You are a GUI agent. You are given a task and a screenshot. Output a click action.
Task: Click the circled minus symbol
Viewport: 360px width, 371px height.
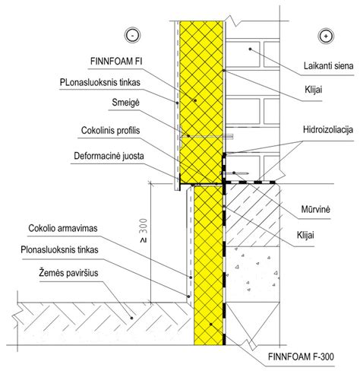(x=132, y=35)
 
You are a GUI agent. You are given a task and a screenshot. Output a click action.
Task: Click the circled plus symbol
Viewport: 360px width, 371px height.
(x=326, y=36)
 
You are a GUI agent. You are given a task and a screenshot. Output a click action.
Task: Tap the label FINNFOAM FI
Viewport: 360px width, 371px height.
(x=116, y=62)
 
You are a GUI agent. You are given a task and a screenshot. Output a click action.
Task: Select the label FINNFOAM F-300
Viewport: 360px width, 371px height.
(x=301, y=357)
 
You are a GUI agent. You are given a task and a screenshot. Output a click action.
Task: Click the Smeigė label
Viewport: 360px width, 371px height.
(x=125, y=103)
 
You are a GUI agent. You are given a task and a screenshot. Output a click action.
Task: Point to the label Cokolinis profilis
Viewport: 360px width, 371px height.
(x=110, y=131)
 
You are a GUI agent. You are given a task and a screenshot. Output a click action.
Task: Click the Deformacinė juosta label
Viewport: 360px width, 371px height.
(x=109, y=156)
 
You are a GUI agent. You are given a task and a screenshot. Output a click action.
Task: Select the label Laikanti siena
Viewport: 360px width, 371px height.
(x=328, y=66)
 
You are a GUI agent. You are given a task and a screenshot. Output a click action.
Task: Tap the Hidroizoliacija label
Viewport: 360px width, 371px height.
(x=328, y=130)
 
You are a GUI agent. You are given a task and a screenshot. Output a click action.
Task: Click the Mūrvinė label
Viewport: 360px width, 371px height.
(x=316, y=209)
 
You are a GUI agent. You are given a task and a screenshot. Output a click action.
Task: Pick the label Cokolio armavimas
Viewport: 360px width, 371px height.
(x=63, y=228)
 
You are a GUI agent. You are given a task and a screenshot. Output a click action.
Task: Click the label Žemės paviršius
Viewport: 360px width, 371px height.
(x=68, y=273)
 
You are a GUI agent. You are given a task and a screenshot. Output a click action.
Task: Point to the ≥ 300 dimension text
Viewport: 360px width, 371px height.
(x=144, y=230)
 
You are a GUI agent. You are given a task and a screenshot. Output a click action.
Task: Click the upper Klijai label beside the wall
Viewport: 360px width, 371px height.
(x=314, y=90)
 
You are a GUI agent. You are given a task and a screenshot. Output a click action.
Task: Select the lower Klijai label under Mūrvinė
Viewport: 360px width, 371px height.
(x=305, y=235)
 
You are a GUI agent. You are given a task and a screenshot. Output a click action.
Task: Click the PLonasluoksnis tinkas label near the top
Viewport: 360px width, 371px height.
(x=99, y=82)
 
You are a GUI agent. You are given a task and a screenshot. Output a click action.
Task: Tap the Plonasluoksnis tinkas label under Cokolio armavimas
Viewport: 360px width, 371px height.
(x=59, y=250)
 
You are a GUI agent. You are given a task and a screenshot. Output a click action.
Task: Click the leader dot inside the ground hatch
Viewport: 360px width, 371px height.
(x=131, y=318)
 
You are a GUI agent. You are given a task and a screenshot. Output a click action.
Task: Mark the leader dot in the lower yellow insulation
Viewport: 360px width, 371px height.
(x=210, y=324)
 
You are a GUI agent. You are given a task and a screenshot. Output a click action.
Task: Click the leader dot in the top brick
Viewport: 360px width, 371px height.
(x=250, y=49)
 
